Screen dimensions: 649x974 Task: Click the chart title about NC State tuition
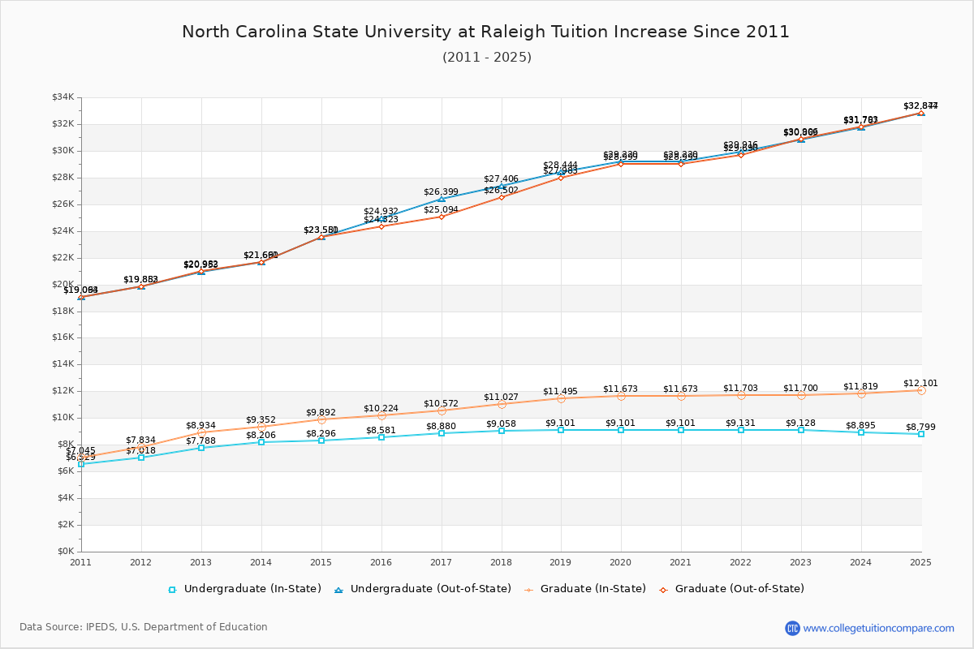coord(485,32)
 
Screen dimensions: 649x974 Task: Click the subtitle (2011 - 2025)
coord(486,58)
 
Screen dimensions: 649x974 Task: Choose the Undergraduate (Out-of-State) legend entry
coord(423,589)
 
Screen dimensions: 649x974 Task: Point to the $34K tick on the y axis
coord(63,97)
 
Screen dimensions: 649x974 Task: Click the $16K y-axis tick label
coord(63,337)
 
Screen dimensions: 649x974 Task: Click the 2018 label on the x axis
coord(502,562)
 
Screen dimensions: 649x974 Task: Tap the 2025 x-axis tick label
coord(920,562)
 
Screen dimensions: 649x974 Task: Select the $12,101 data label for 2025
coord(920,383)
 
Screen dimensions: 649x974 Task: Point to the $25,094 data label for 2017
coord(442,209)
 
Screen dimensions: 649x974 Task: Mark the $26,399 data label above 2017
coord(442,192)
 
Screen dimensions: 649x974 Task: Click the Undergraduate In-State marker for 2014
coord(261,442)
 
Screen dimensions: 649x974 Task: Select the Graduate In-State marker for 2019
coord(561,398)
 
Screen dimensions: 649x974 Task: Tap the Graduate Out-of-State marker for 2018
coord(502,197)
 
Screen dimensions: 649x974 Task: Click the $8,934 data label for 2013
coord(201,425)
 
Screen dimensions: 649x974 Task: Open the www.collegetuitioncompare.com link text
coord(878,628)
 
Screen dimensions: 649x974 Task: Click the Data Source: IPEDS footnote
coord(144,627)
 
